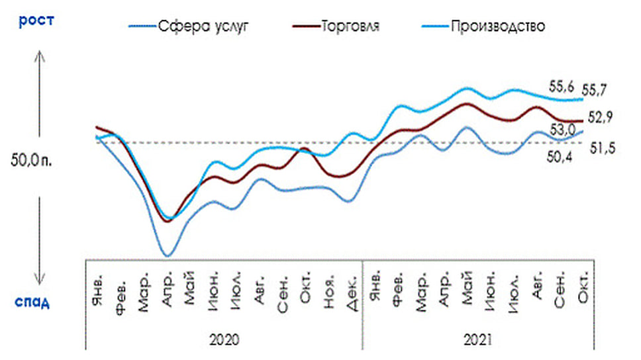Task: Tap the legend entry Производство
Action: point(497,27)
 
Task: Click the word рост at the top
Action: point(36,20)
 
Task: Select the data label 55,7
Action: point(595,89)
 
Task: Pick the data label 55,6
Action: point(562,86)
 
